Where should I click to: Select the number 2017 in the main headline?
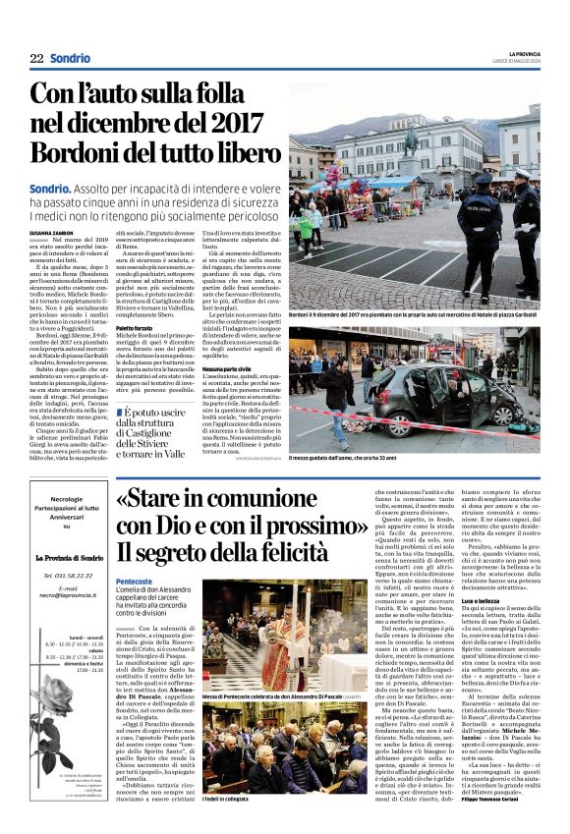point(236,124)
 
